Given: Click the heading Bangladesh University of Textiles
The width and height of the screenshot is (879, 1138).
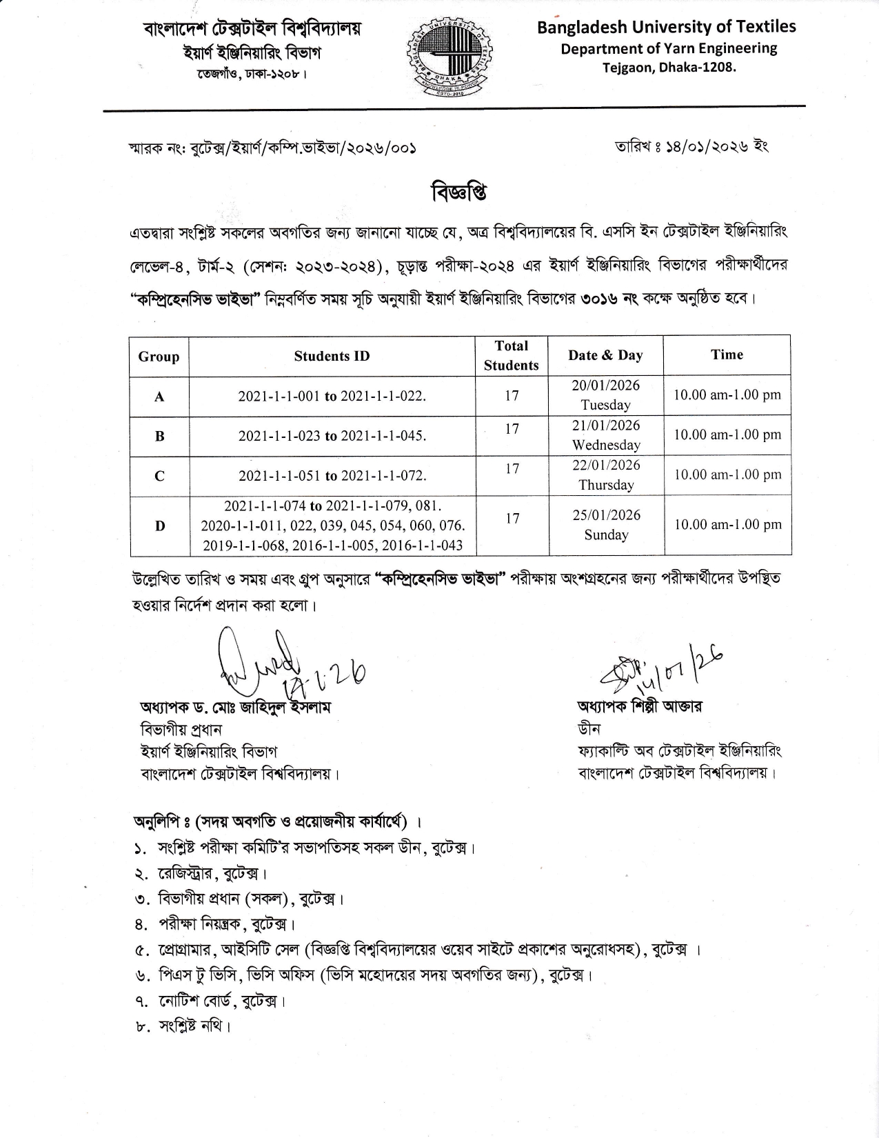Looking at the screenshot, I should coord(666,27).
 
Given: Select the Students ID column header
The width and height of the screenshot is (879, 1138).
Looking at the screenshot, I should coord(332,356).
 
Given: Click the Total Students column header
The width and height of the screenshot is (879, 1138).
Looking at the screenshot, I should coord(511,355).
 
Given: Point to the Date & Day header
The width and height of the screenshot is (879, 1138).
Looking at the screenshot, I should coord(605,355).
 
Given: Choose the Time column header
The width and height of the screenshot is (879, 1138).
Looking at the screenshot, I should coord(727,355).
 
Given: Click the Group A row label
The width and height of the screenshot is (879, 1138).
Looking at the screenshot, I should coord(159,397).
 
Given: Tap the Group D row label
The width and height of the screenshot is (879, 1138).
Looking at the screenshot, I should coord(159,526).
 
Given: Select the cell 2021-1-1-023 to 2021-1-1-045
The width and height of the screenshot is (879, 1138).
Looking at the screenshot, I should coord(332,436).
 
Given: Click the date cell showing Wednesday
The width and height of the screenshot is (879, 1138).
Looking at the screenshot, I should coord(606,435).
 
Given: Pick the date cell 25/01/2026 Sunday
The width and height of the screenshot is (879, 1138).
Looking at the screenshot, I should coord(606,525).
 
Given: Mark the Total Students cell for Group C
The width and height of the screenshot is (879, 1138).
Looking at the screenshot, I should coord(512,469).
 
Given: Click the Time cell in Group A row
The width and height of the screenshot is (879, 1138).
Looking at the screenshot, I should coord(727,395).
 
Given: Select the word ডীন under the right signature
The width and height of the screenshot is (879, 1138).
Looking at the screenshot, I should coord(589,729).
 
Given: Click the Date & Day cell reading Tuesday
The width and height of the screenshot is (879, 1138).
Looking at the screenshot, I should coord(606,395).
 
